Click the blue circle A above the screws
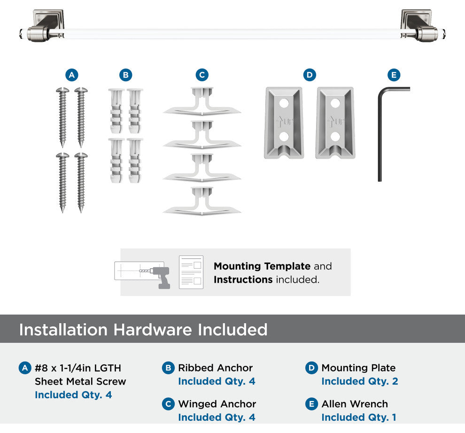coord(72,75)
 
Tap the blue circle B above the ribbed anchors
coord(126,75)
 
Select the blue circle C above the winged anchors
coord(202,75)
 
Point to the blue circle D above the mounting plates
coord(310,75)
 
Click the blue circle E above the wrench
coord(394,75)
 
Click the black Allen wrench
coord(380,133)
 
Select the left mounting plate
coord(284,123)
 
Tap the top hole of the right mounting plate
coord(335,103)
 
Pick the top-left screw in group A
coord(62,117)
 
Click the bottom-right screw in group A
coord(81,183)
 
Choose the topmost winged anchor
coord(202,101)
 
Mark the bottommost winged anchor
coord(202,201)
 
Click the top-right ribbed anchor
coord(135,111)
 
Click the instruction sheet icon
coord(191,272)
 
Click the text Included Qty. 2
coord(360,381)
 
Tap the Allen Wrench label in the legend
coord(355,404)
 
